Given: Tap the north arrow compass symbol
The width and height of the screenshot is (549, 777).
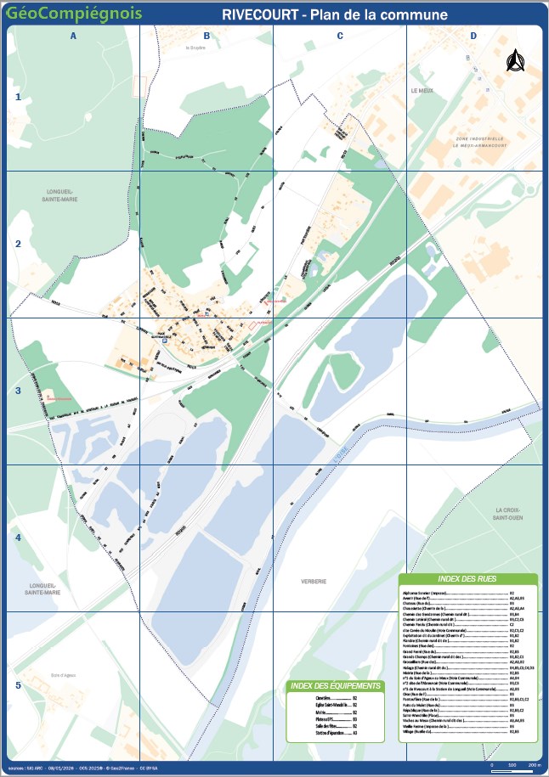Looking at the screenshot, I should coord(513,62).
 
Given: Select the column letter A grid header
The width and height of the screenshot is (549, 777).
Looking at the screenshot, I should coord(73,36).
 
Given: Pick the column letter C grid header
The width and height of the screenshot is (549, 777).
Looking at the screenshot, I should coord(340,36).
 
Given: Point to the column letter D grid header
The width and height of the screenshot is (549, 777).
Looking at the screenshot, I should coord(473,36).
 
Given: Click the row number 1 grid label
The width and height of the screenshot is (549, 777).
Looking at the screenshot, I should coord(18,98).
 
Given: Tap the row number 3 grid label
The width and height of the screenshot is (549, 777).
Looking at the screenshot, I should coord(18,391).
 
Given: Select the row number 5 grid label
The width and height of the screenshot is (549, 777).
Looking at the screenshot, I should coord(18,685).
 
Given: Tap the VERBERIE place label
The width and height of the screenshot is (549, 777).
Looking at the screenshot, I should coord(314,581).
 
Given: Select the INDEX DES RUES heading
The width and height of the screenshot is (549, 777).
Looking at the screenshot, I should coord(467,578).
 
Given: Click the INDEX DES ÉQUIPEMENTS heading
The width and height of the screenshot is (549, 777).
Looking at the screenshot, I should coord(334,685).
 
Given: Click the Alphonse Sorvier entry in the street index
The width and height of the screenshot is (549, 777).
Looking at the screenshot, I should coord(425,592).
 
